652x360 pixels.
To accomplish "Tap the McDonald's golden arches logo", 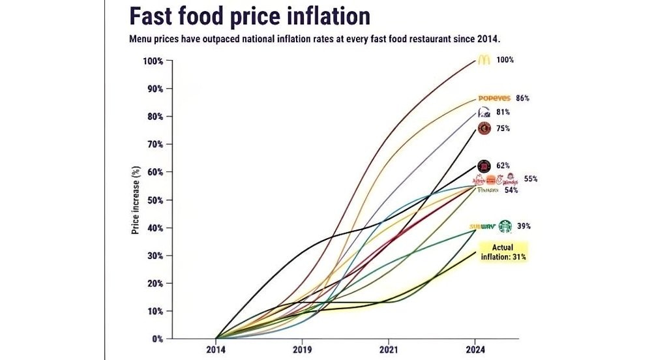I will click(x=483, y=60).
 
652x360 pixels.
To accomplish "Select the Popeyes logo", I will click(x=494, y=98).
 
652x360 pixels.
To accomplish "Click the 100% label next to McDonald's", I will click(x=505, y=60).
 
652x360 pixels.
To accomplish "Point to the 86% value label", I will click(x=522, y=98).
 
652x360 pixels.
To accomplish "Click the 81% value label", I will click(x=503, y=112).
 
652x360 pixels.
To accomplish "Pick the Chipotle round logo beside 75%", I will click(x=484, y=128).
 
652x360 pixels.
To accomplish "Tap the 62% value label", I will click(x=503, y=166).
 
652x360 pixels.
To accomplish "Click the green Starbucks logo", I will click(x=506, y=226).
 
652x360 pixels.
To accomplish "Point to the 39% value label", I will click(x=524, y=226).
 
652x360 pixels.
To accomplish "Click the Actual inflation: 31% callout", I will click(x=503, y=252).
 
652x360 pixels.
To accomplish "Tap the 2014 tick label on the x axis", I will click(x=216, y=350).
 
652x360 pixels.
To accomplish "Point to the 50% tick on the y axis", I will click(x=154, y=200).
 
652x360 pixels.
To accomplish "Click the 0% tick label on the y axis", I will click(x=156, y=339).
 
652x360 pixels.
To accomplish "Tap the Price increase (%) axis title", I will click(x=136, y=200).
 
